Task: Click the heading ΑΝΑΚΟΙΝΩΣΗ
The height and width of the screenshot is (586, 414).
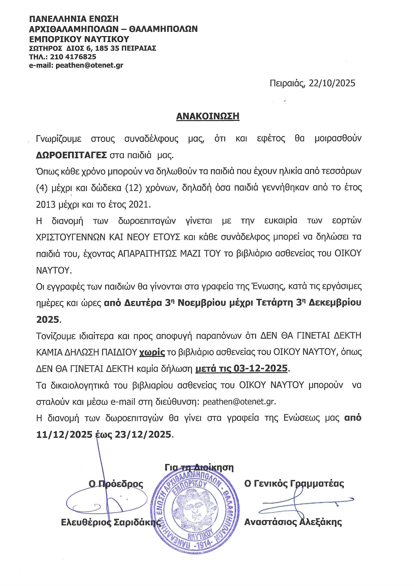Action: pos(208,116)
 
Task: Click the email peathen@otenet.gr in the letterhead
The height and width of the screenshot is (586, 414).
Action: pos(89,65)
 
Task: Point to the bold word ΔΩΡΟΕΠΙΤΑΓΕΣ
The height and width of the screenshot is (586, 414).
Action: pos(71,155)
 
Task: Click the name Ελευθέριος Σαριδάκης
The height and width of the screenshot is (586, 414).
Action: pos(111,522)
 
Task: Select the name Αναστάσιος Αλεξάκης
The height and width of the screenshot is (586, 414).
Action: pos(293,522)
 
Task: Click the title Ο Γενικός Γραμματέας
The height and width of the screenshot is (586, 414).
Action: pos(294,483)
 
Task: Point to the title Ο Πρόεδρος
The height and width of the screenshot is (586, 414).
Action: pos(116,484)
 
